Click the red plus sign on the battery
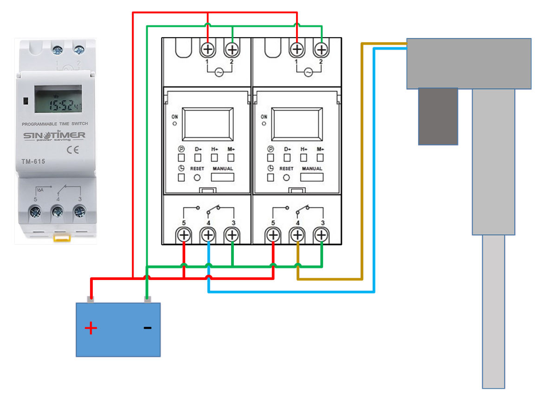point(91,329)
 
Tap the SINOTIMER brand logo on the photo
point(54,136)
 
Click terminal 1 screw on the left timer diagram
point(207,49)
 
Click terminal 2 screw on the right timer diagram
point(320,49)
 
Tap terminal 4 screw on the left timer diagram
point(208,235)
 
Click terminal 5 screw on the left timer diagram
point(183,235)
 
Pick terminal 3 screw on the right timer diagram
point(320,235)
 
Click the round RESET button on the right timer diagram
point(286,177)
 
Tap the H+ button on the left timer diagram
point(215,158)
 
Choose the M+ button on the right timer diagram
point(320,158)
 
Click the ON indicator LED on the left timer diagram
point(175,124)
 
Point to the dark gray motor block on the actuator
point(438,117)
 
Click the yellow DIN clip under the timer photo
point(59,239)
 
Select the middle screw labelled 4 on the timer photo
point(58,212)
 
